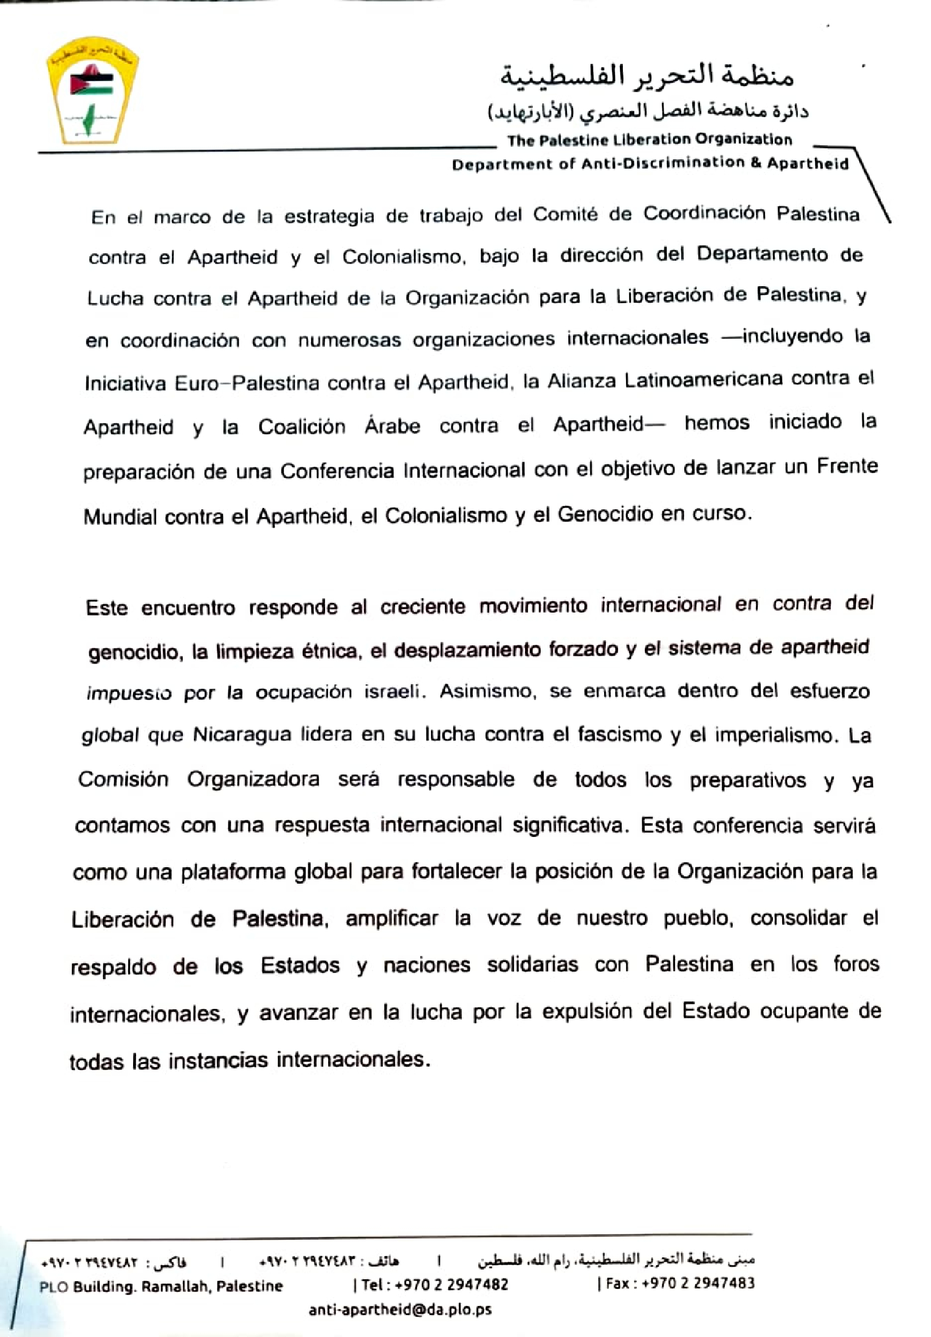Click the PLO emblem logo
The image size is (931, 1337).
tap(92, 96)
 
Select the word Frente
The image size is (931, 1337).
tap(847, 467)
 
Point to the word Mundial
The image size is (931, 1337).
tap(120, 517)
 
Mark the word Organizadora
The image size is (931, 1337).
tap(253, 780)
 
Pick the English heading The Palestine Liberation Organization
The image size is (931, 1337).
tap(650, 140)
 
